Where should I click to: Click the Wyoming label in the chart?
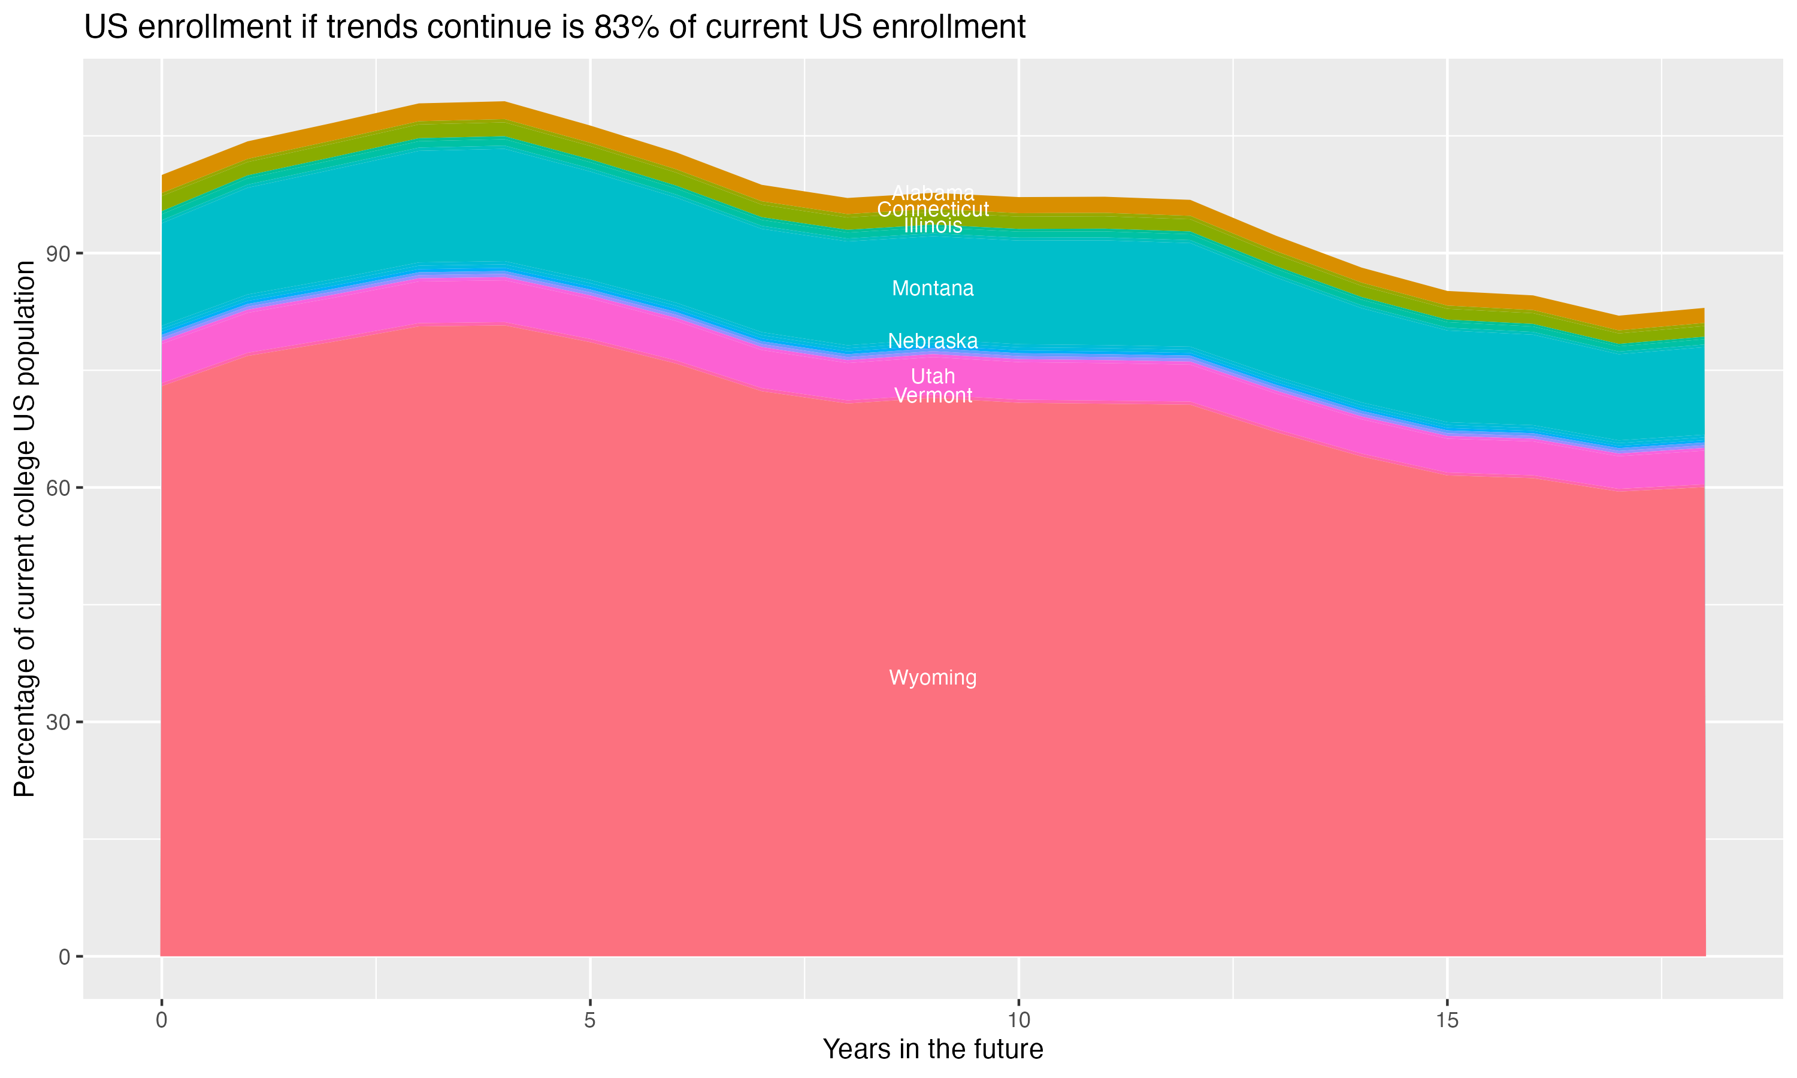coord(933,678)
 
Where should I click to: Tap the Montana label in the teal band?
coord(933,289)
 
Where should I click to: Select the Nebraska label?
coord(933,341)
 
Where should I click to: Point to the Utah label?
coord(933,376)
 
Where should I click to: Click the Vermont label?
coord(933,396)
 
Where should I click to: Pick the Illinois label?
coord(933,226)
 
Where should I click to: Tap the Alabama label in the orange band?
coord(933,193)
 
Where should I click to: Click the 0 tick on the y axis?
coord(65,956)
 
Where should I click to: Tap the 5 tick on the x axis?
coord(590,1021)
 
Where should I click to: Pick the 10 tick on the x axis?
coord(1018,1021)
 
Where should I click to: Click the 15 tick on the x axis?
coord(1447,1021)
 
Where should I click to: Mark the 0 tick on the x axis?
coord(161,1021)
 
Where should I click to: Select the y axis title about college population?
coord(25,529)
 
